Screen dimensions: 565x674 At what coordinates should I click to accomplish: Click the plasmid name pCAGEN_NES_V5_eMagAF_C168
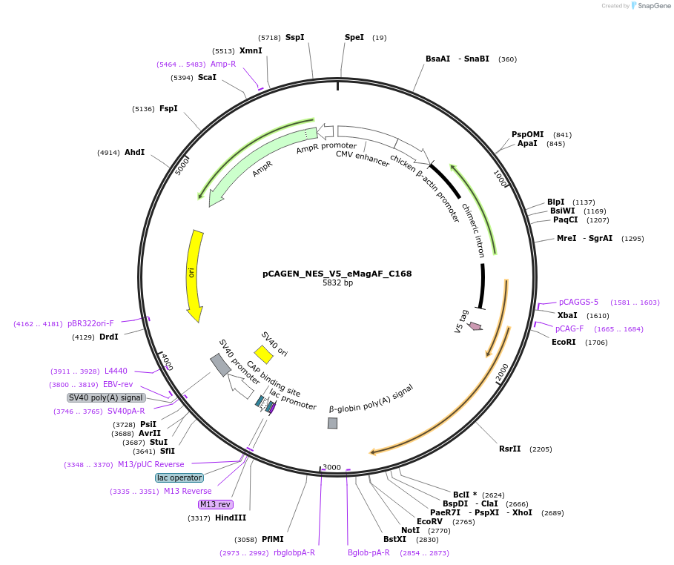pyautogui.click(x=337, y=274)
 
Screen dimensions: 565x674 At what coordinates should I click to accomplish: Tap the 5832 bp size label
pyautogui.click(x=337, y=283)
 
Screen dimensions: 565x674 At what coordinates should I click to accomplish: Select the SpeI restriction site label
pyautogui.click(x=354, y=37)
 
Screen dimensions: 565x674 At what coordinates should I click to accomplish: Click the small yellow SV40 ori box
pyautogui.click(x=263, y=354)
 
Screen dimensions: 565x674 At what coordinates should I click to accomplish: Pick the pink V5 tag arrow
pyautogui.click(x=475, y=326)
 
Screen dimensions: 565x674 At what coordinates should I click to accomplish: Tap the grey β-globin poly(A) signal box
pyautogui.click(x=333, y=423)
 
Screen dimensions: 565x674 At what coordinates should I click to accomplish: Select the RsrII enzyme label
pyautogui.click(x=510, y=449)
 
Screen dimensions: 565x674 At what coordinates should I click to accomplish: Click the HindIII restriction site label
pyautogui.click(x=231, y=518)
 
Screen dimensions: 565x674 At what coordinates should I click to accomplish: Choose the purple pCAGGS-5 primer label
pyautogui.click(x=578, y=302)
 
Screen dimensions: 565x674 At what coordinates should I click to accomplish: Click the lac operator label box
pyautogui.click(x=179, y=478)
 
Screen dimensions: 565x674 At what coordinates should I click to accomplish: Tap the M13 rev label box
pyautogui.click(x=215, y=504)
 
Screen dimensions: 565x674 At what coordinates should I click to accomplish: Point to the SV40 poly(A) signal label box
pyautogui.click(x=105, y=397)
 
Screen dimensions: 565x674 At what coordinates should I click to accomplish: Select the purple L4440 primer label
pyautogui.click(x=116, y=371)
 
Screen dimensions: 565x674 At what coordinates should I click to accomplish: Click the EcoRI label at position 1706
pyautogui.click(x=564, y=342)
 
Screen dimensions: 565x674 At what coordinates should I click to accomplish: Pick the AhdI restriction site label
pyautogui.click(x=134, y=152)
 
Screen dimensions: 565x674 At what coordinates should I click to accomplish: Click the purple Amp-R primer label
pyautogui.click(x=222, y=64)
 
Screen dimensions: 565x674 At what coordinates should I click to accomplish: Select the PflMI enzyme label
pyautogui.click(x=272, y=539)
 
